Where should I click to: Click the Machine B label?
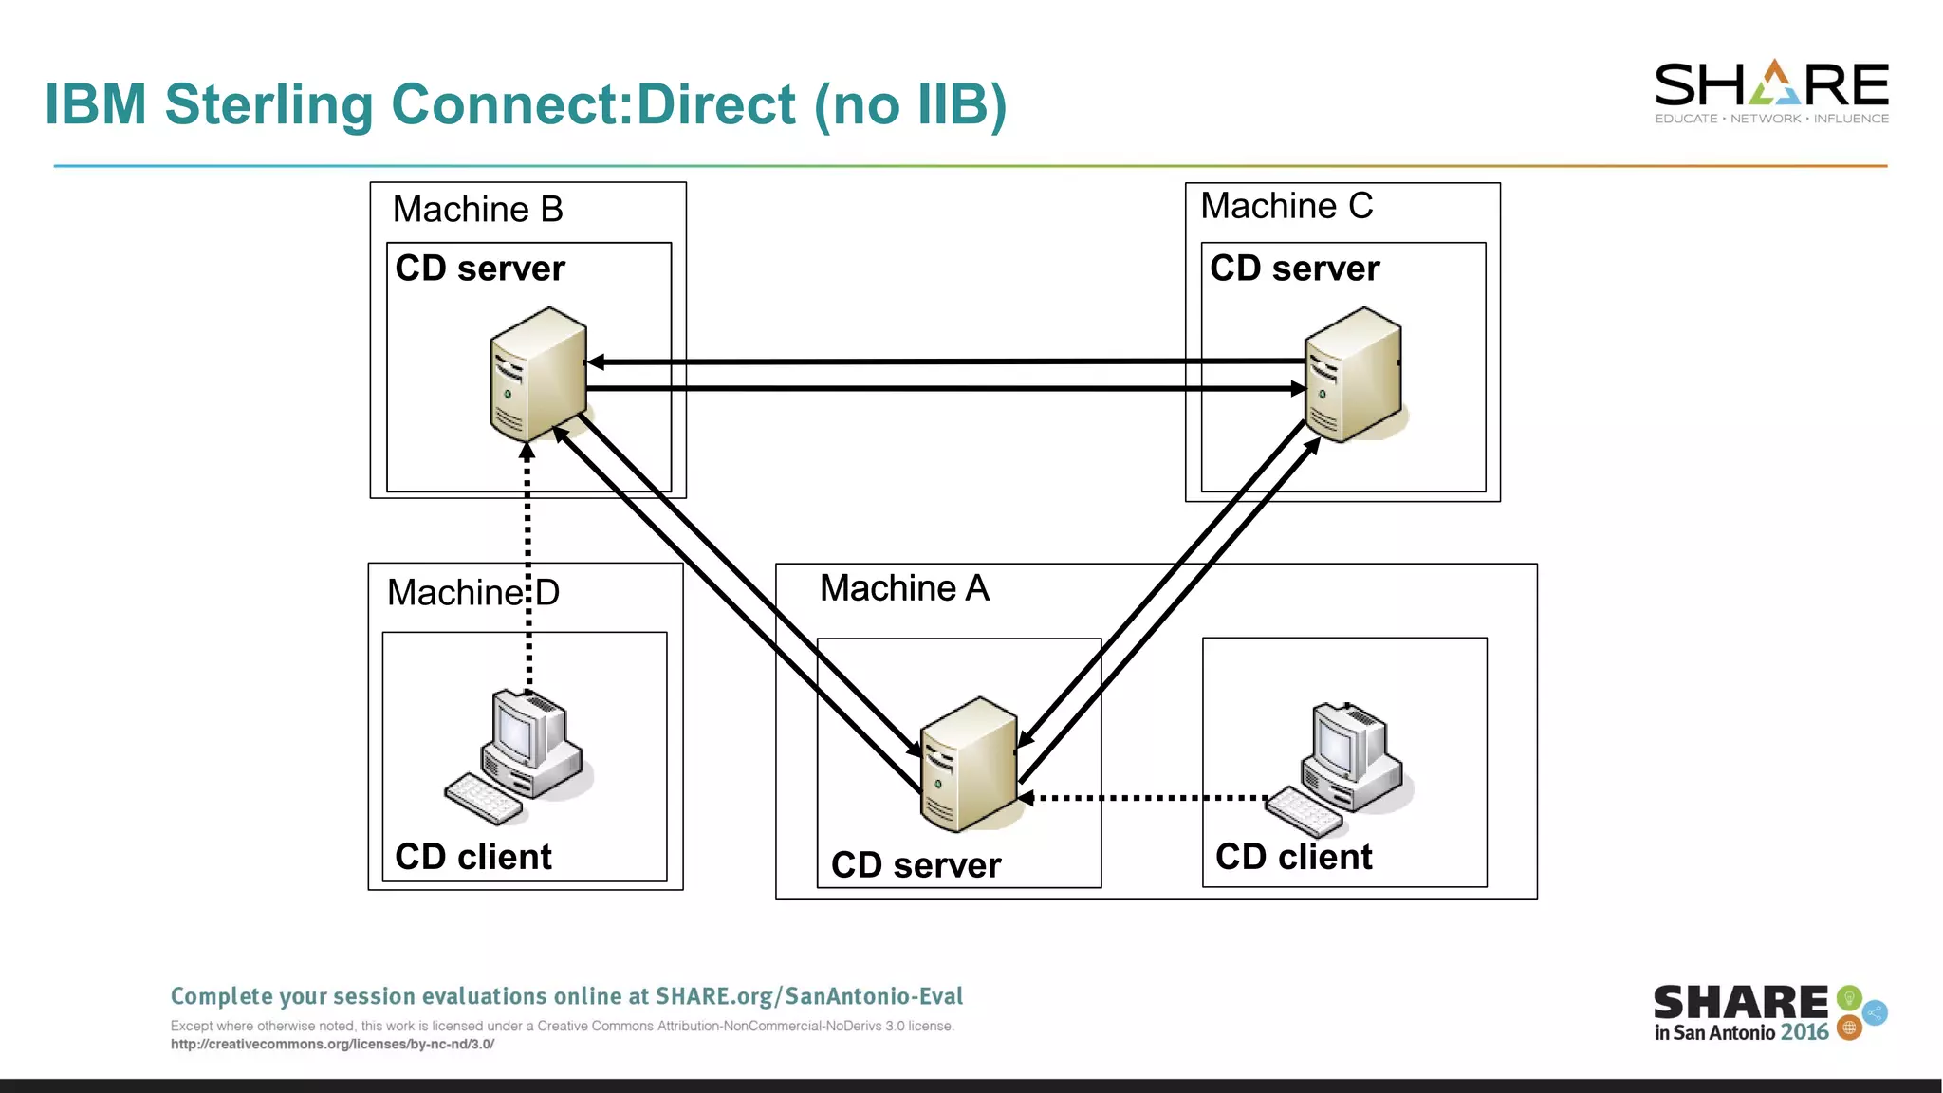[x=477, y=210]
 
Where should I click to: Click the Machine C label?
[x=1286, y=206]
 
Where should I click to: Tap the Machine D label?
[x=472, y=593]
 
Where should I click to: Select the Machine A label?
[x=904, y=588]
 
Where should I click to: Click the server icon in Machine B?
[x=538, y=374]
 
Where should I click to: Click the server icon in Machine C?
[x=1353, y=374]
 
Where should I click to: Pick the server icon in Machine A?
[x=969, y=764]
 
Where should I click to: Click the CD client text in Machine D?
[x=472, y=857]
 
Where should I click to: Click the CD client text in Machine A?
[x=1293, y=857]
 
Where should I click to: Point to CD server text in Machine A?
[x=916, y=865]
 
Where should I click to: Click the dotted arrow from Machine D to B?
[x=528, y=569]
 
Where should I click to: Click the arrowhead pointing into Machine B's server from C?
[x=596, y=361]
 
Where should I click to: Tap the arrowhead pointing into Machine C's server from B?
[x=1298, y=388]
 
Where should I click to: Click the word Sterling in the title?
[x=268, y=104]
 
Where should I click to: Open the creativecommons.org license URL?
[x=332, y=1045]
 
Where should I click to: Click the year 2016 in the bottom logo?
[x=1804, y=1032]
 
